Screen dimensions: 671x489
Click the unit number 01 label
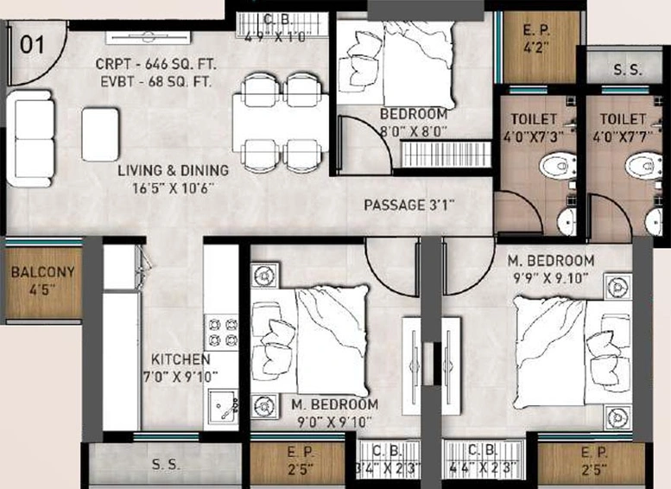click(x=32, y=44)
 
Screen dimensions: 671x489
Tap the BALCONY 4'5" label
click(x=43, y=281)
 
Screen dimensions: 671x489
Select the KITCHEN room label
click(x=180, y=359)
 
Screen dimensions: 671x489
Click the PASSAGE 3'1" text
click(x=408, y=205)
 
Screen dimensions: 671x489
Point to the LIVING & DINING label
click(x=174, y=170)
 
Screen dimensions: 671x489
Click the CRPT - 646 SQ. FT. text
click(x=155, y=64)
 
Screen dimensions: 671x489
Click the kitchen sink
click(x=224, y=409)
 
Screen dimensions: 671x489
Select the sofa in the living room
click(x=30, y=138)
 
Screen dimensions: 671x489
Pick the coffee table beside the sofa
click(x=100, y=135)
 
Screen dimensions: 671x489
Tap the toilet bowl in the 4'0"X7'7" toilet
click(x=643, y=166)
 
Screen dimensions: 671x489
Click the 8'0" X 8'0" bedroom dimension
click(x=414, y=131)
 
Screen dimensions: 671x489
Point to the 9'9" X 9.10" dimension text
click(x=551, y=278)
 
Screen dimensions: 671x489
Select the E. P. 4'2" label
click(x=536, y=39)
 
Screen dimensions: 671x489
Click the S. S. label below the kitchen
click(x=166, y=465)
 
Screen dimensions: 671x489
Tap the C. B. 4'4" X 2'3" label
click(x=483, y=458)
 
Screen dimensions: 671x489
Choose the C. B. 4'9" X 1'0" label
click(x=275, y=29)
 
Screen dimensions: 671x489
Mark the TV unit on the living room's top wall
click(x=148, y=38)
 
